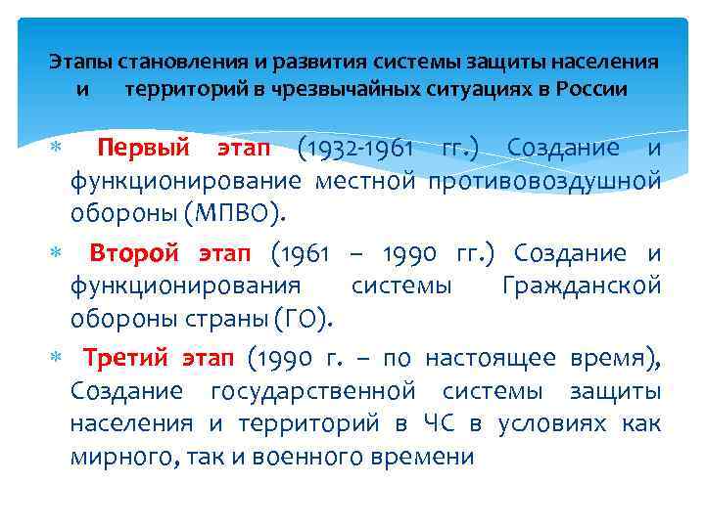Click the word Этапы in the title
[x=80, y=63]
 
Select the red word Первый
[x=143, y=149]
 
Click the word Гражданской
[x=581, y=286]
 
